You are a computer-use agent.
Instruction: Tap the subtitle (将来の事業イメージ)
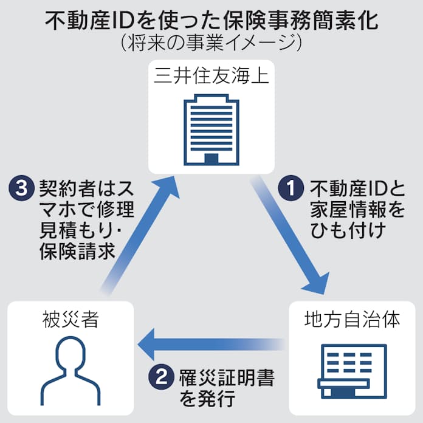[211, 44]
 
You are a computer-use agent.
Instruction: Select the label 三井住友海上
[211, 77]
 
